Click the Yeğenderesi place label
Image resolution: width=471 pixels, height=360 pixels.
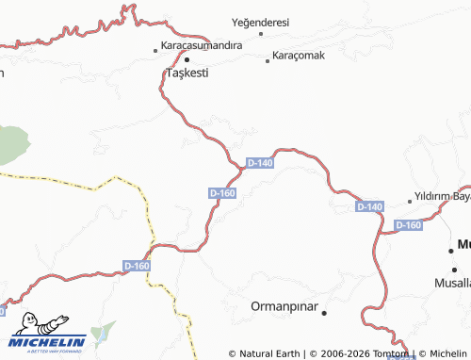coord(260,23)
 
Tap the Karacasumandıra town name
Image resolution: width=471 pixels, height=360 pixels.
coord(202,45)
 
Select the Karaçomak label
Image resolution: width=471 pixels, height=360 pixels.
coord(299,56)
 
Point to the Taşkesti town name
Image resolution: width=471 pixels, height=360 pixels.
coord(187,73)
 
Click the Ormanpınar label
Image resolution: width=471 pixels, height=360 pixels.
coord(284,307)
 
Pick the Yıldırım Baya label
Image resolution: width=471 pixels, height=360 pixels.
coord(443,197)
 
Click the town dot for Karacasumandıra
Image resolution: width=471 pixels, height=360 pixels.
coord(156,49)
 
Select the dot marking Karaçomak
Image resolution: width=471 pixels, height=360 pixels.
coord(268,60)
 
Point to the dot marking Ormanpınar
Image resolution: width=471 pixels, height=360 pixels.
coord(323,312)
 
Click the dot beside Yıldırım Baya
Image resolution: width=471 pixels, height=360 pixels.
coord(410,201)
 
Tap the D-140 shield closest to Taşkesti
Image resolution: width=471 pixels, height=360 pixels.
coord(259,163)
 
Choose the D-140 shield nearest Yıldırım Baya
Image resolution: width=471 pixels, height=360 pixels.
coord(369,206)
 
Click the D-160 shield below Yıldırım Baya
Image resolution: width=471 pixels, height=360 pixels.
coord(408,225)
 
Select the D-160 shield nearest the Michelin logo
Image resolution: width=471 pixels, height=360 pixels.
coord(137,267)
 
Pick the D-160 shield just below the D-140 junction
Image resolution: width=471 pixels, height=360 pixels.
coord(222,193)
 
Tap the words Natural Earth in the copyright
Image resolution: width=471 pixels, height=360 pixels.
coord(268,354)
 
